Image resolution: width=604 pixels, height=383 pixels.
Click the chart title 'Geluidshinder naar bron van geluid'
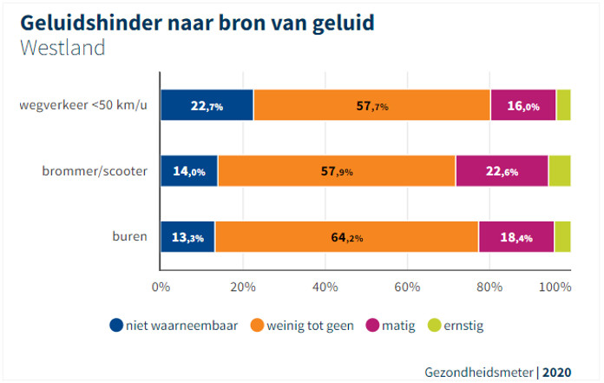[x=197, y=21]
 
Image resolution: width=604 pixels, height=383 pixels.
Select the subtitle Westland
[x=62, y=47]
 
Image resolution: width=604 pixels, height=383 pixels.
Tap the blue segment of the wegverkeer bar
[x=207, y=105]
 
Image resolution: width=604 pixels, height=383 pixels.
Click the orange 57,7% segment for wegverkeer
[x=371, y=105]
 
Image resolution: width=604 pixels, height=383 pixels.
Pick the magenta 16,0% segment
[x=522, y=105]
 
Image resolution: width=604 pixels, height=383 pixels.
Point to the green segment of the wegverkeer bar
[x=563, y=105]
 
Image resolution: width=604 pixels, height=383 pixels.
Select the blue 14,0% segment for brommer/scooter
[x=189, y=171]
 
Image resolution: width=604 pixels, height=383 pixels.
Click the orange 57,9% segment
[x=337, y=171]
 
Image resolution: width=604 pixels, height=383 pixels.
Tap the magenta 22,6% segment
[x=502, y=171]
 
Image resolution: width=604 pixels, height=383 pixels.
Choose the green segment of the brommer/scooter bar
[x=560, y=171]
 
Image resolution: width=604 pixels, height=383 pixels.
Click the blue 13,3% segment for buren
[x=187, y=236]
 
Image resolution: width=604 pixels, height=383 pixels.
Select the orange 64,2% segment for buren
[x=346, y=236]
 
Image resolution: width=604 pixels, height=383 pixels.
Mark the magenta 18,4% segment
[x=515, y=236]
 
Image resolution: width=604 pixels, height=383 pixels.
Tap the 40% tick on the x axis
[x=325, y=286]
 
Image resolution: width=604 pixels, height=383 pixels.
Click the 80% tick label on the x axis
[x=489, y=286]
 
